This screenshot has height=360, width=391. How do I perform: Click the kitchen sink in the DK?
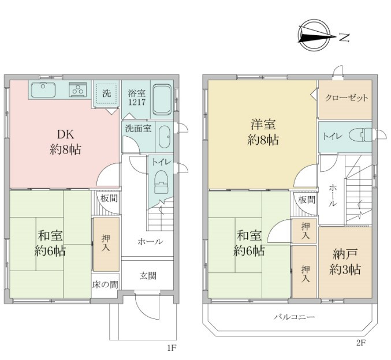click(x=43, y=89)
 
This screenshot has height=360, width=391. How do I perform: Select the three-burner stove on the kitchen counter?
click(x=78, y=89)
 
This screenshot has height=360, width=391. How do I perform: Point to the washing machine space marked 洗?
click(x=106, y=93)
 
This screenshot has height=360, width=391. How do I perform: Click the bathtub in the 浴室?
click(x=162, y=100)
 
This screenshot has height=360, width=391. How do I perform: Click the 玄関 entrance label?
click(x=148, y=276)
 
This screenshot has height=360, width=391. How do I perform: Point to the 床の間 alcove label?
click(x=105, y=284)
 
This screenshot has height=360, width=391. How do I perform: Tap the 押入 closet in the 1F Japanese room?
click(x=106, y=244)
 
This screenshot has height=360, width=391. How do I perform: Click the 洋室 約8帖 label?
click(x=263, y=132)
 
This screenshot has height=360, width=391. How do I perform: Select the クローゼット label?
click(x=346, y=97)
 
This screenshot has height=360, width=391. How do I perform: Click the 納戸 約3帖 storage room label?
click(x=345, y=261)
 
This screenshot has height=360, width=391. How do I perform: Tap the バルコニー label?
click(x=294, y=317)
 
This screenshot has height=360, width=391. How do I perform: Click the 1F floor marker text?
click(x=172, y=348)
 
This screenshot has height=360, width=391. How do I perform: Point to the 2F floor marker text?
click(x=360, y=343)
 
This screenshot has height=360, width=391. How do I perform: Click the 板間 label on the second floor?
click(x=307, y=200)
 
